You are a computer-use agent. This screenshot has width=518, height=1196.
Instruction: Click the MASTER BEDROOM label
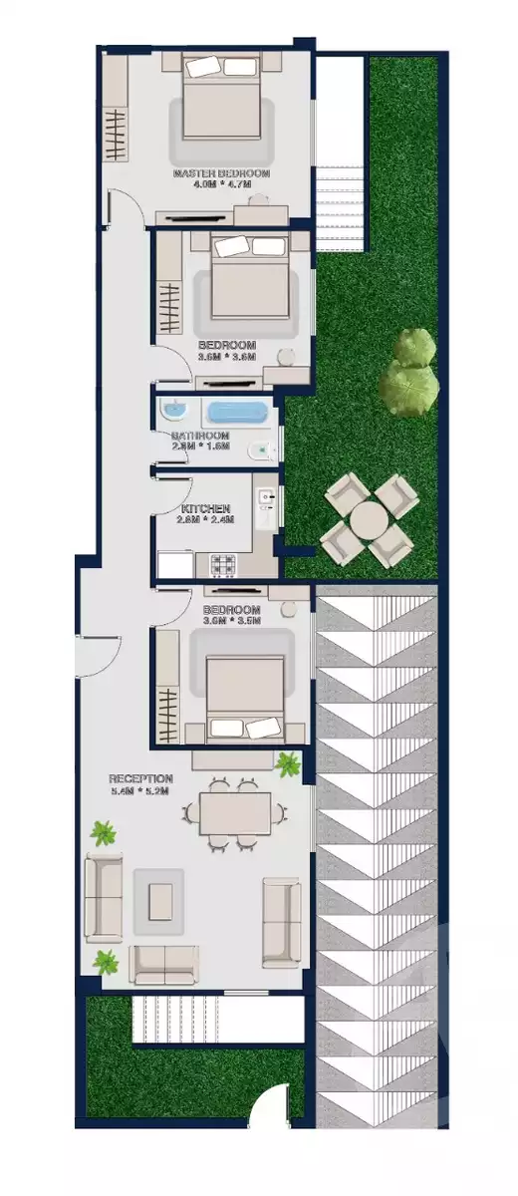(220, 173)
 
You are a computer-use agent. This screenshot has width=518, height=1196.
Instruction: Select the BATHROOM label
(200, 436)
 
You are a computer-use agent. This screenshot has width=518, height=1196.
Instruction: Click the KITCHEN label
(206, 508)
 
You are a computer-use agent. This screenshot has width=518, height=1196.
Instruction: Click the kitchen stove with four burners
(222, 564)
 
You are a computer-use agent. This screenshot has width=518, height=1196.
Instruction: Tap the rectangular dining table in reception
(234, 812)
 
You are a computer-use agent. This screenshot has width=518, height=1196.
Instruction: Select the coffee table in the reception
(159, 902)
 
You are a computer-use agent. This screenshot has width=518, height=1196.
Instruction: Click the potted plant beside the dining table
(289, 765)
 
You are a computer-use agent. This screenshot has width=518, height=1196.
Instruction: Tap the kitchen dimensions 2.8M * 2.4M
(206, 520)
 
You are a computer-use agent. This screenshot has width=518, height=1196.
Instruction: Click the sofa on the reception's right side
(281, 922)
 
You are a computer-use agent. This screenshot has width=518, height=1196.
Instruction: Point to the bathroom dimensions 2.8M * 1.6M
(200, 447)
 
